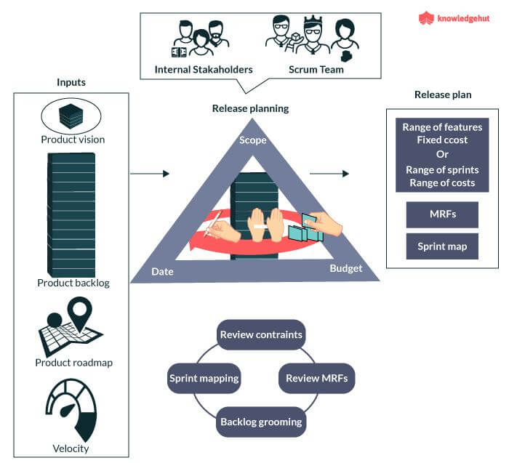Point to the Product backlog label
pyautogui.click(x=73, y=283)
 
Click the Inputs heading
pyautogui.click(x=71, y=82)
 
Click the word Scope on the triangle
pyautogui.click(x=253, y=140)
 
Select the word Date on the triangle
pyautogui.click(x=162, y=271)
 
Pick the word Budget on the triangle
pyautogui.click(x=345, y=268)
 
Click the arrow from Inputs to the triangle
pyautogui.click(x=149, y=174)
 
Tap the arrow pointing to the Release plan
pyautogui.click(x=329, y=174)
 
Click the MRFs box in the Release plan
pyautogui.click(x=442, y=214)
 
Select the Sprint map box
pyautogui.click(x=442, y=246)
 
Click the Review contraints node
pyautogui.click(x=260, y=335)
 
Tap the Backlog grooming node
pyautogui.click(x=260, y=422)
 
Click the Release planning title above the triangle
pyautogui.click(x=250, y=108)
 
